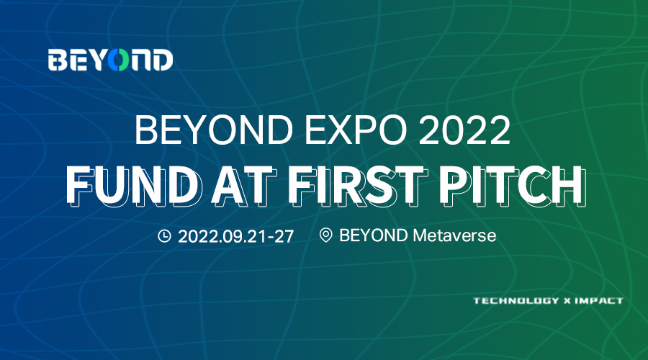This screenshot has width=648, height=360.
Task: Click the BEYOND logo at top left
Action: (x=110, y=60)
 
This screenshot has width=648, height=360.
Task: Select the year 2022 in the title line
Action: (x=464, y=130)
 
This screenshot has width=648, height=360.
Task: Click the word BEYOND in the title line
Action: (x=214, y=130)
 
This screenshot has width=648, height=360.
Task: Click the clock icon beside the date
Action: (x=164, y=235)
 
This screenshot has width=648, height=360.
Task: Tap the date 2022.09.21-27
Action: (x=236, y=236)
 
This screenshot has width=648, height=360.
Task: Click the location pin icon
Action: (x=325, y=235)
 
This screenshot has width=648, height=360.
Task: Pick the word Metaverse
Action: (x=454, y=235)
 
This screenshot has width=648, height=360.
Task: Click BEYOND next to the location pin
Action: (x=374, y=235)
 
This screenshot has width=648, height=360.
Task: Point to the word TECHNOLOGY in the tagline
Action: (x=516, y=300)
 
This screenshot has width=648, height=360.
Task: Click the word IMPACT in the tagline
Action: (x=599, y=300)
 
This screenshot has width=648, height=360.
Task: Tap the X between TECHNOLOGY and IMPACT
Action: (x=567, y=301)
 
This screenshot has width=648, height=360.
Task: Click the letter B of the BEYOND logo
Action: (x=58, y=60)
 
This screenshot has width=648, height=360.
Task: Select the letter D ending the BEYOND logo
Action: (x=163, y=60)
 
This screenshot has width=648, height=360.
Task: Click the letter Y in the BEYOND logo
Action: (x=96, y=60)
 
